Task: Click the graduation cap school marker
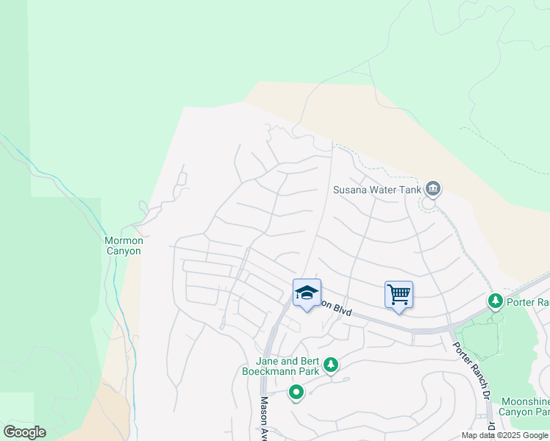(x=307, y=293)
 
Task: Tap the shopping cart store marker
(x=399, y=295)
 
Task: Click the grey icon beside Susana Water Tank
(x=433, y=190)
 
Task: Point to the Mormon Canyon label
(x=123, y=245)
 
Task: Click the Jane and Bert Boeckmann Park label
(x=285, y=366)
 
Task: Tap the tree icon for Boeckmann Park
(x=331, y=365)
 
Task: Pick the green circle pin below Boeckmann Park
(x=296, y=393)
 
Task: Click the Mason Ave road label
(x=265, y=420)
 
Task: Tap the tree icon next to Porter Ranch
(x=496, y=301)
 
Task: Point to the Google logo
(x=24, y=432)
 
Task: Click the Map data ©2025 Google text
(x=504, y=435)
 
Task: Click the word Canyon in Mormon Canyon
(x=122, y=251)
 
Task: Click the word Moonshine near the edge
(x=525, y=401)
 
